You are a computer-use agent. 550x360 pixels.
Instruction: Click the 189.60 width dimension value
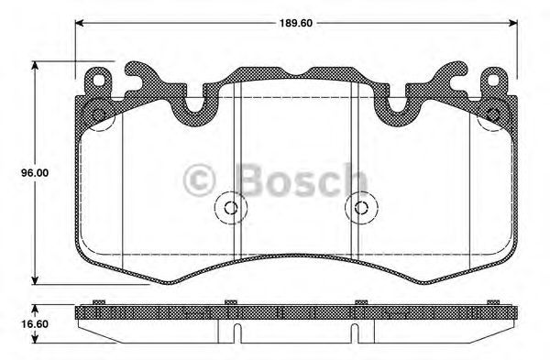click(x=296, y=23)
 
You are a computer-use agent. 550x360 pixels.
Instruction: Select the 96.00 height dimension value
click(x=35, y=173)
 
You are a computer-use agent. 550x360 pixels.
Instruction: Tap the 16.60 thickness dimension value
click(x=35, y=324)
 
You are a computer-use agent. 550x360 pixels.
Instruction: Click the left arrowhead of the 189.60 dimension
click(x=80, y=23)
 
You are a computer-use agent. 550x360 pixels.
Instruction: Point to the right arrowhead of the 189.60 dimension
click(x=513, y=23)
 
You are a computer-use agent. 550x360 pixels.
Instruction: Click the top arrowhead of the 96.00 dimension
click(x=35, y=66)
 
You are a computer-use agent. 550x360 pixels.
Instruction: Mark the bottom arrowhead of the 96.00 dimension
click(x=35, y=280)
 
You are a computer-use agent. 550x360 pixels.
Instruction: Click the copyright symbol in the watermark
click(x=199, y=180)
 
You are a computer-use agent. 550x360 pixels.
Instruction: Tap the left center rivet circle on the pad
click(x=230, y=208)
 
